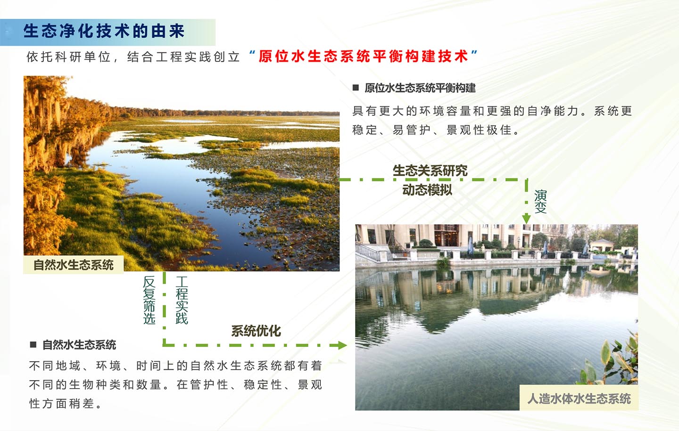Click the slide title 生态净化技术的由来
point(104,32)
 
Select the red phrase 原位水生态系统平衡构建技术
point(364,57)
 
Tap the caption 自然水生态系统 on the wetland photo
point(74,265)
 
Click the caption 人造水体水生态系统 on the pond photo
point(579,398)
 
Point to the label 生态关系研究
point(430,171)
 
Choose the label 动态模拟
point(427,190)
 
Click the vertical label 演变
point(540,202)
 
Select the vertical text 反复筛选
point(149,300)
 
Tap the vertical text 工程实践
point(182,300)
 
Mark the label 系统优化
point(256,331)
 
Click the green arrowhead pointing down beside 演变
point(526,218)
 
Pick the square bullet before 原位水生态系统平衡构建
point(356,88)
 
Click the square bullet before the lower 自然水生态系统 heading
point(33,344)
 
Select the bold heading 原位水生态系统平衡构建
point(420,88)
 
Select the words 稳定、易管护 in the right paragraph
point(391,130)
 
